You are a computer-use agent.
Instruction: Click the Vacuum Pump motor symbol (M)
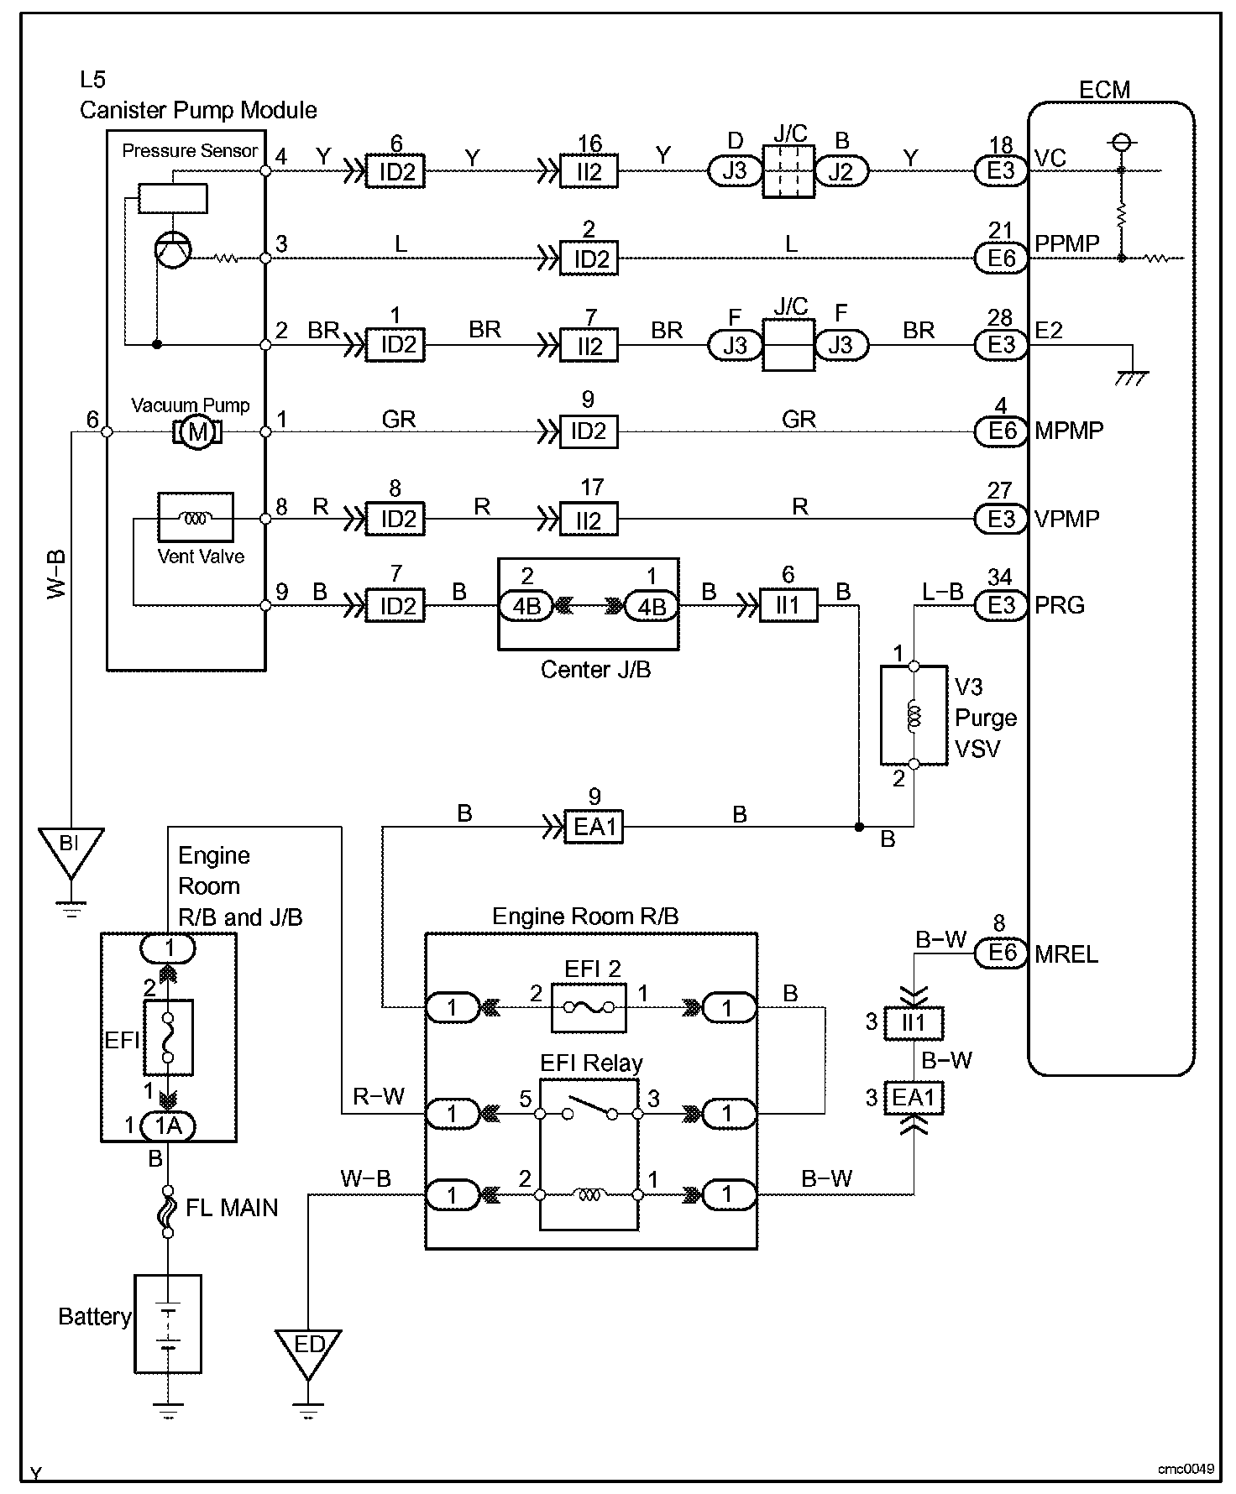click(198, 431)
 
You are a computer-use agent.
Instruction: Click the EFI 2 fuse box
click(588, 1007)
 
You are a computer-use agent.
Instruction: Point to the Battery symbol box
click(168, 1324)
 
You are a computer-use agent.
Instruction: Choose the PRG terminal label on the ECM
click(1060, 605)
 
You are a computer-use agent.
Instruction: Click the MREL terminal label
click(1066, 954)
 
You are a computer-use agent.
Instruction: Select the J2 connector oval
click(841, 171)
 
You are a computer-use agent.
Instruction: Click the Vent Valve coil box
click(196, 518)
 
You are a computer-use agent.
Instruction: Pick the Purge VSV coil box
click(914, 716)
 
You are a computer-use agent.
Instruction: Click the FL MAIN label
click(232, 1208)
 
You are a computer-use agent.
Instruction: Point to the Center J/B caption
click(595, 670)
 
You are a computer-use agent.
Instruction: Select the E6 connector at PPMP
click(1001, 259)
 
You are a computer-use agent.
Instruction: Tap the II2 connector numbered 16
click(589, 172)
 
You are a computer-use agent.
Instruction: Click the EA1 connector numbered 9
click(594, 828)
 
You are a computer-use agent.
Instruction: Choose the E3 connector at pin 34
click(1001, 605)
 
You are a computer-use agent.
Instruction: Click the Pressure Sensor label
click(190, 151)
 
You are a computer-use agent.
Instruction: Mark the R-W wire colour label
click(379, 1096)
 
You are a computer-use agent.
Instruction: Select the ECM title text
click(1104, 90)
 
